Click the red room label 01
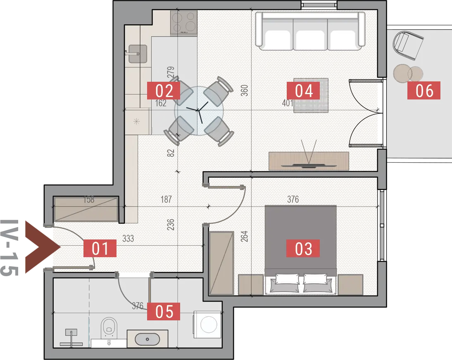click(100, 248)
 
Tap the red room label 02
click(164, 90)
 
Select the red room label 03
click(303, 248)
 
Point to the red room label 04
click(303, 90)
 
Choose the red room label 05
click(164, 311)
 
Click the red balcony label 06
click(424, 90)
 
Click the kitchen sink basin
click(138, 54)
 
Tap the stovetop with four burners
click(183, 22)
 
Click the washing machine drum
click(209, 324)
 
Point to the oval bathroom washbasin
click(147, 339)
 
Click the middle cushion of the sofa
click(310, 39)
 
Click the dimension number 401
click(288, 102)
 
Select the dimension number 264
click(244, 236)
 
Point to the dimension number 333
click(128, 239)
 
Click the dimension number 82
click(171, 153)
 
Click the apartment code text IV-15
click(10, 248)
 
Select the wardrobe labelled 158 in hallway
click(86, 209)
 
